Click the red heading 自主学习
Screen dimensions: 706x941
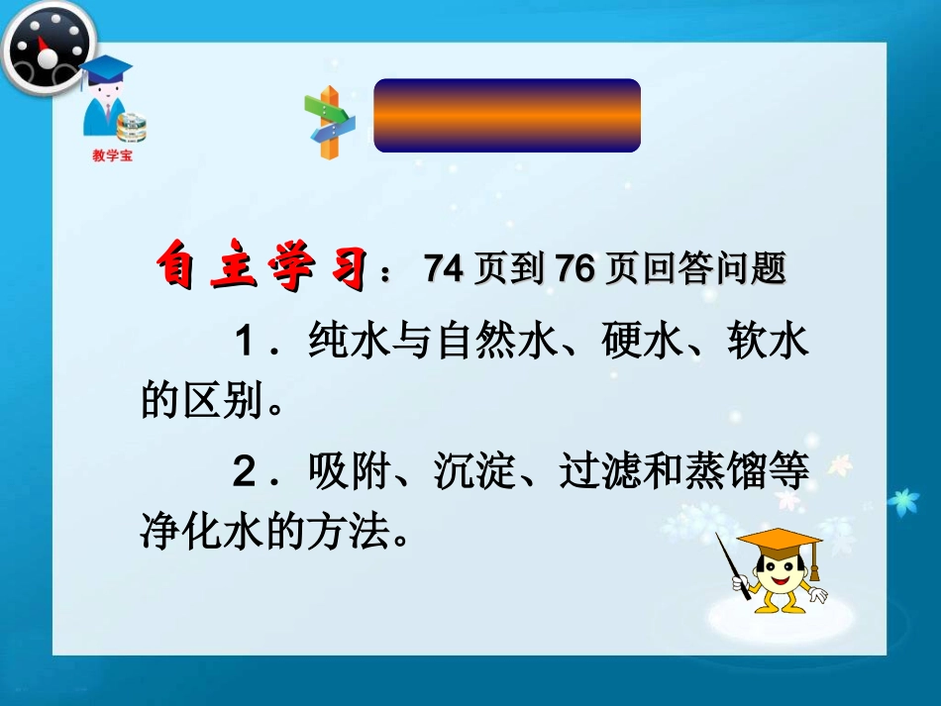tap(266, 268)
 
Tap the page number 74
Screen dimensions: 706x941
tap(443, 268)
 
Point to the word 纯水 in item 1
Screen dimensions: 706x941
tap(339, 343)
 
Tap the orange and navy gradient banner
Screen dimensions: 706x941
tap(507, 115)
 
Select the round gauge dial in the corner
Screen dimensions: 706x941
tap(47, 45)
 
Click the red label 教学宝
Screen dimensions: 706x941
tap(112, 156)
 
